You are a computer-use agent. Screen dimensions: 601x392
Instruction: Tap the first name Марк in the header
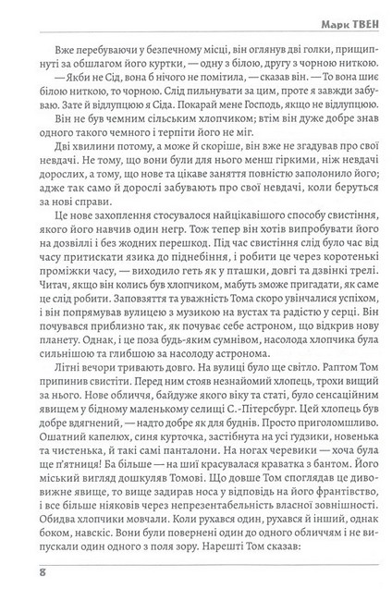317,16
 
